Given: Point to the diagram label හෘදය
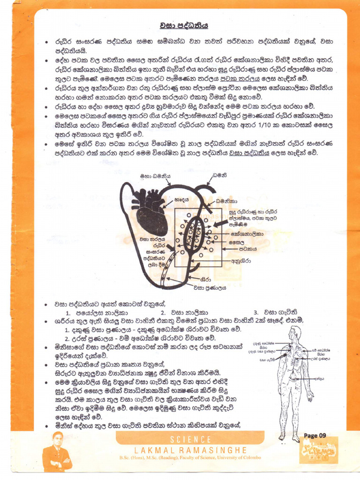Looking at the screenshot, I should click(181, 199).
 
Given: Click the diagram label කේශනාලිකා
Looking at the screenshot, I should click(247, 233).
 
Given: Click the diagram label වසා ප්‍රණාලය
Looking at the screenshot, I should click(210, 287).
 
